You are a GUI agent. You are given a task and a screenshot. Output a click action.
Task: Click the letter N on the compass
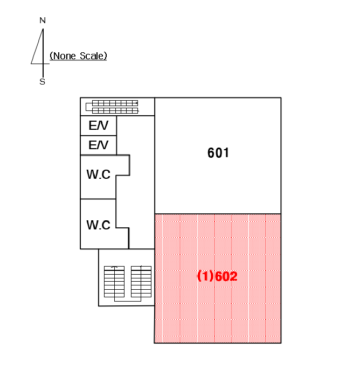(43, 20)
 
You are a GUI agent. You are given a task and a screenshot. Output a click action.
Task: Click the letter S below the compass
(43, 82)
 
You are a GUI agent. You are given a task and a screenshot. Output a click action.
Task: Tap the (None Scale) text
(78, 56)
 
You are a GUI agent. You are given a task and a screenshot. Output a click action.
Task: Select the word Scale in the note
(92, 56)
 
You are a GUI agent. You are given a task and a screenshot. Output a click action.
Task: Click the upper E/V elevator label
(99, 125)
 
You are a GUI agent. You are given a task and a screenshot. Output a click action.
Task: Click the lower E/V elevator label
(99, 145)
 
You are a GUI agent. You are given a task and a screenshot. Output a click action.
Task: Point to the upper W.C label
(99, 174)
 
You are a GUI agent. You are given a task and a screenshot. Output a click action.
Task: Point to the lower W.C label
(99, 225)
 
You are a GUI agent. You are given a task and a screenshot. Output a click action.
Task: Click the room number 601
(218, 153)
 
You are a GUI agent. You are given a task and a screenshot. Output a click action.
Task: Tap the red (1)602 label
(217, 276)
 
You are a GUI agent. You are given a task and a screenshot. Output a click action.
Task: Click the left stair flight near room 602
(114, 282)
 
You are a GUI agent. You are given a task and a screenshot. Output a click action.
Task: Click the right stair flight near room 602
(141, 282)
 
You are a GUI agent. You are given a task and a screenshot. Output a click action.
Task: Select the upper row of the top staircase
(115, 103)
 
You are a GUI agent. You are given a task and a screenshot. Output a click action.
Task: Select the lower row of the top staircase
(115, 110)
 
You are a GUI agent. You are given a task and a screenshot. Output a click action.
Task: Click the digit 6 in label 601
(211, 153)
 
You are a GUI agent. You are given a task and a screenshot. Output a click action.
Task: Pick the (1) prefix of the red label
(205, 276)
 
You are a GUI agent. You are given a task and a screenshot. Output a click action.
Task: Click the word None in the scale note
(65, 56)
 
